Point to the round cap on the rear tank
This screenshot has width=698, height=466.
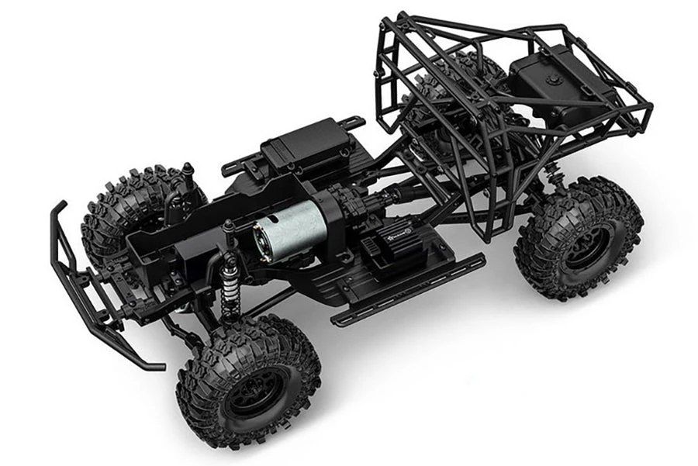552,79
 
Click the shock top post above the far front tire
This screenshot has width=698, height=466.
187,170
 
